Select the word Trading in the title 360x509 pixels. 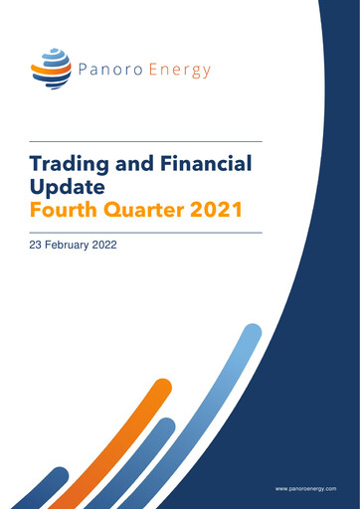71,162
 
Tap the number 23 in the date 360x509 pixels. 38,244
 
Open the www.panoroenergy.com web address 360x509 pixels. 306,490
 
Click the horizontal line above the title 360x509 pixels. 146,140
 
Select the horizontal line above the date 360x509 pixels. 146,232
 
